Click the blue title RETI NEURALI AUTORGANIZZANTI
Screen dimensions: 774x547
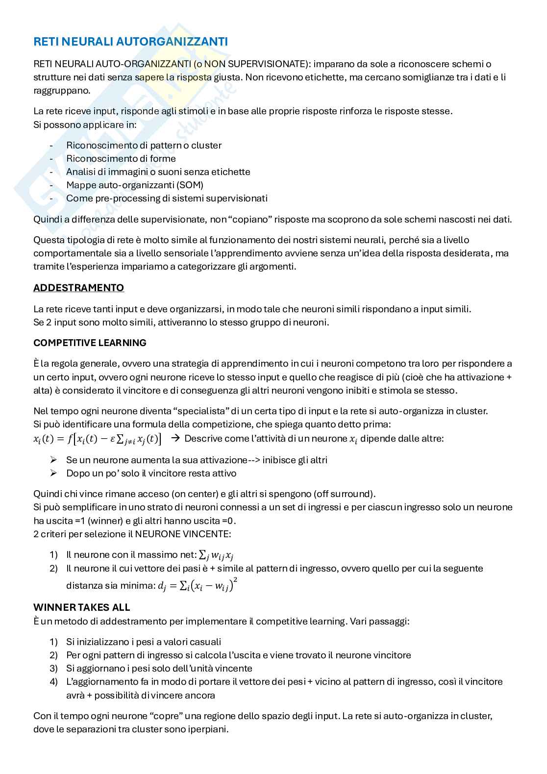pos(130,42)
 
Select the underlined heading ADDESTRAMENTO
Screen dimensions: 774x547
pos(78,288)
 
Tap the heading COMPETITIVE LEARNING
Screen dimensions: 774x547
pos(90,343)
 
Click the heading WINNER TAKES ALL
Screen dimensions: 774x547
pos(81,607)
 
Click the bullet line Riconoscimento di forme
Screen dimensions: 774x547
pos(121,158)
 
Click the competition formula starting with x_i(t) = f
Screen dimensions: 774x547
pos(98,439)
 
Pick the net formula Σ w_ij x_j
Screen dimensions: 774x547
pos(216,555)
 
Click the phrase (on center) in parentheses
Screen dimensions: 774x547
pos(193,494)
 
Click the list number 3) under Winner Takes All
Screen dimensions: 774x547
pos(53,668)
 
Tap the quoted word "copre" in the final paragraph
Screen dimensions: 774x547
pos(149,716)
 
